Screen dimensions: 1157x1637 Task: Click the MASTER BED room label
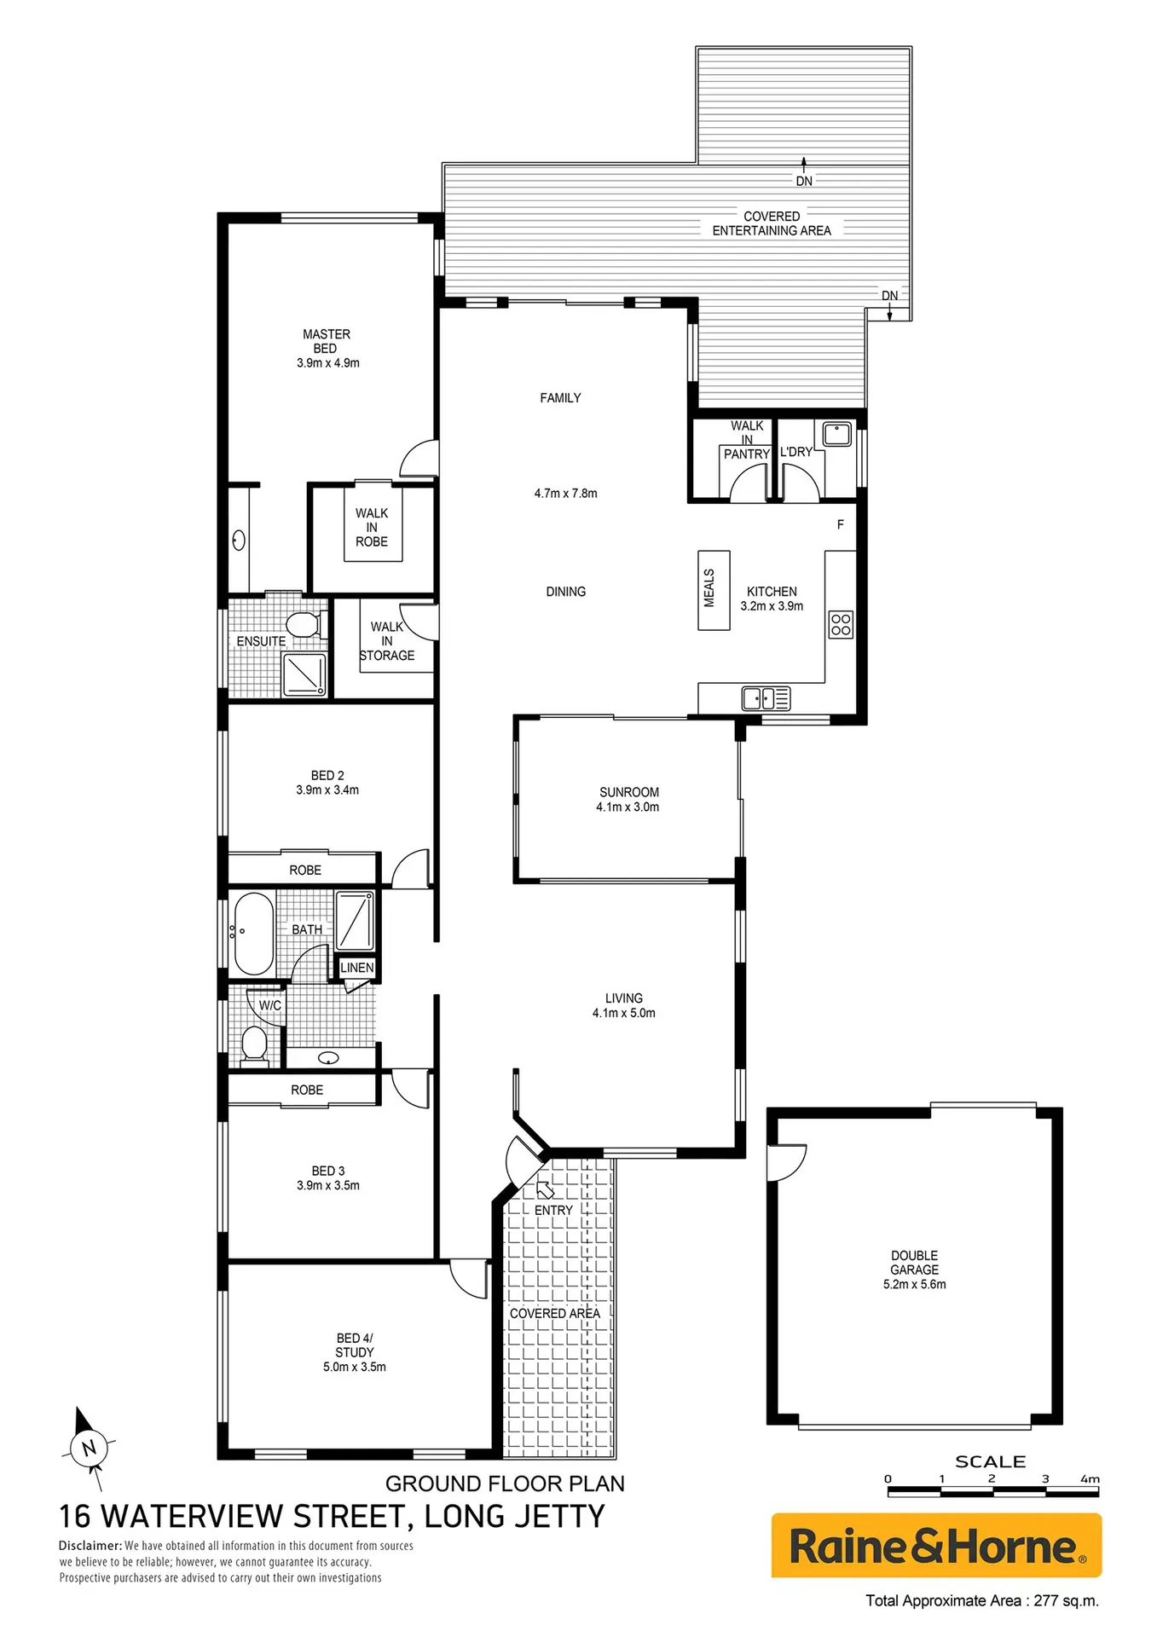[327, 341]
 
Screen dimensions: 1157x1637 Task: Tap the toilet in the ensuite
[304, 625]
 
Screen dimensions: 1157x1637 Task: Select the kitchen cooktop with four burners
[841, 624]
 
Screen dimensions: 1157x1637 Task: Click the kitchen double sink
[766, 698]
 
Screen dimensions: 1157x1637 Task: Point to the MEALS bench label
[709, 588]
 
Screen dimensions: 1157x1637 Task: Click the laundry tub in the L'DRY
[836, 434]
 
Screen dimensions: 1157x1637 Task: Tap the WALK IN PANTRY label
[747, 440]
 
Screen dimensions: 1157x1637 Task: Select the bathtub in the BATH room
[253, 934]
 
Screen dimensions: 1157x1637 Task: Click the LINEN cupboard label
[357, 968]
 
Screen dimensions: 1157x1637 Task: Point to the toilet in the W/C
[254, 1045]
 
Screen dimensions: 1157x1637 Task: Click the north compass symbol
[88, 1447]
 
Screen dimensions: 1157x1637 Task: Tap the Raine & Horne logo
[936, 1546]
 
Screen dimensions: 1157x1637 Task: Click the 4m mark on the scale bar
[1090, 1479]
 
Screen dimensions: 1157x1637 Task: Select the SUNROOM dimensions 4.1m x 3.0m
[628, 807]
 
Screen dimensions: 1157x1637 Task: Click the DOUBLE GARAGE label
[915, 1263]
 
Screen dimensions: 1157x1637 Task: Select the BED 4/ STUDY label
[355, 1345]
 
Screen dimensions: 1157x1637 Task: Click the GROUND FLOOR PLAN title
[505, 1484]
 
